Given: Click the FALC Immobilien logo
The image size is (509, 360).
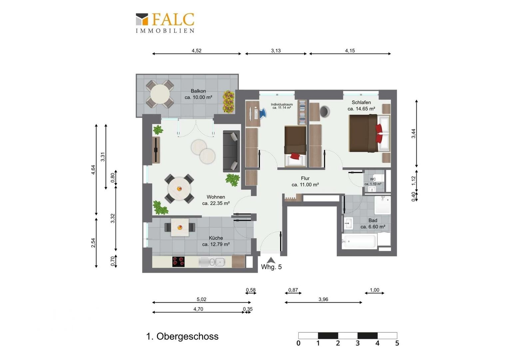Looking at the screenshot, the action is pyautogui.click(x=165, y=23).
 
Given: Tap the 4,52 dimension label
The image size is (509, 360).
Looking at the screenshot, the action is pyautogui.click(x=197, y=51).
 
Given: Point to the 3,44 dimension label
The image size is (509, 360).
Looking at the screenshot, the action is pyautogui.click(x=413, y=133).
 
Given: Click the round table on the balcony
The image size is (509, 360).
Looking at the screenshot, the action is pyautogui.click(x=160, y=94).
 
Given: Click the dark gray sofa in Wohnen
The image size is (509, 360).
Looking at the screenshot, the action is pyautogui.click(x=231, y=151).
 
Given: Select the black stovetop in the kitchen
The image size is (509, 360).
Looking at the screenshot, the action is pyautogui.click(x=178, y=262).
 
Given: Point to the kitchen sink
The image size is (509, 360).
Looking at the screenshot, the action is pyautogui.click(x=212, y=262).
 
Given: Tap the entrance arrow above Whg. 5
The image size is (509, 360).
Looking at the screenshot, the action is pyautogui.click(x=270, y=260).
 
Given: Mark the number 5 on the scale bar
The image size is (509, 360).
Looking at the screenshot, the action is pyautogui.click(x=397, y=343).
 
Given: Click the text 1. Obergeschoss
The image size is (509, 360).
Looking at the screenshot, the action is pyautogui.click(x=182, y=337).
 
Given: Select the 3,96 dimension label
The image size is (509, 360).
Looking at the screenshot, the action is pyautogui.click(x=323, y=300).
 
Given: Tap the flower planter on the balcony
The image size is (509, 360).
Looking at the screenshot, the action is pyautogui.click(x=229, y=102).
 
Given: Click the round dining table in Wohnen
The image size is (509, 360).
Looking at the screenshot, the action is pyautogui.click(x=179, y=189).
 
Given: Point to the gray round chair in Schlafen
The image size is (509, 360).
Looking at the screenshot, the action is pyautogui.click(x=325, y=112).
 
